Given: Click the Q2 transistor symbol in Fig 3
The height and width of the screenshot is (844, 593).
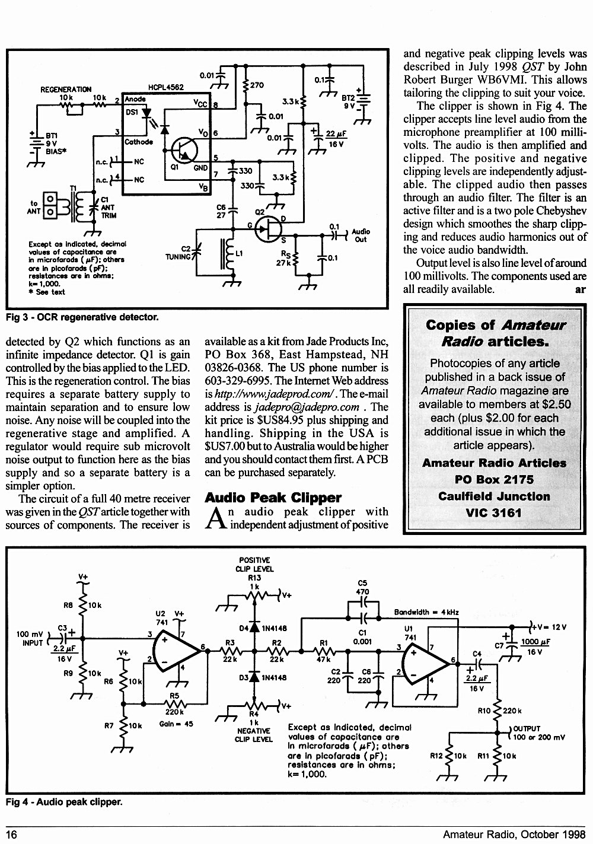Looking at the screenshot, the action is [x=268, y=229].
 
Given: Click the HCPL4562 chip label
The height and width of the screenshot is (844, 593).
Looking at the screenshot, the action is [x=166, y=87].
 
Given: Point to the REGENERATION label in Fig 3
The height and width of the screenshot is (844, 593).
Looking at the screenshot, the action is [x=66, y=90].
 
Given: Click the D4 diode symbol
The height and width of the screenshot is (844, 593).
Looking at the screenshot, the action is [x=254, y=628].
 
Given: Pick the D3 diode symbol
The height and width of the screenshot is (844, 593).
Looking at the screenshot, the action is [x=254, y=677].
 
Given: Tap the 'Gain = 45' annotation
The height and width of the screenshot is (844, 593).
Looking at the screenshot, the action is [x=176, y=724].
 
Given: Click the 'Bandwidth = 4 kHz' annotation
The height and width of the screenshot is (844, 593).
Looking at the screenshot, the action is [x=426, y=612].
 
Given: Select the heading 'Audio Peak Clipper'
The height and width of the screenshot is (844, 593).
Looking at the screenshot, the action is [x=273, y=498].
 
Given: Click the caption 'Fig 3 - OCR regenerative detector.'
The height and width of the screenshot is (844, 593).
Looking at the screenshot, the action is [x=82, y=317].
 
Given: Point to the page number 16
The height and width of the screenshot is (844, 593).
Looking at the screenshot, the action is [x=12, y=835].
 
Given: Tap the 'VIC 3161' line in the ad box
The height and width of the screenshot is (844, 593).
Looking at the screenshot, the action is [x=493, y=513].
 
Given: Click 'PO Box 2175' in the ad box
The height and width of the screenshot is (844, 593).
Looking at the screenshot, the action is [x=494, y=479].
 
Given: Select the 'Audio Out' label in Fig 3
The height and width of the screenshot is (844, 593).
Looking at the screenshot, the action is [x=361, y=235].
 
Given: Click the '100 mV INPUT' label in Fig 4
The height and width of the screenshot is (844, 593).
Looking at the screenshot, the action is [x=30, y=639].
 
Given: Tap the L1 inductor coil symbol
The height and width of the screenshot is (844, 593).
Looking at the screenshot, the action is [x=228, y=254].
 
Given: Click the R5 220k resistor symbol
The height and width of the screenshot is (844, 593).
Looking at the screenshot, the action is [x=174, y=703].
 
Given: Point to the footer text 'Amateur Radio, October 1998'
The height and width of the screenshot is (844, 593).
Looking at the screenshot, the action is [x=514, y=834].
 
